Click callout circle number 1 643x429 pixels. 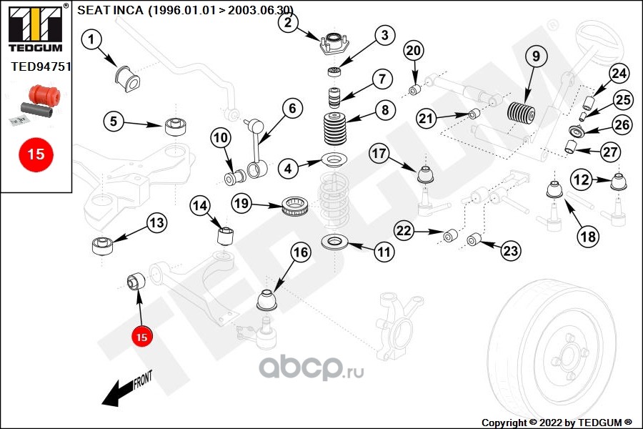92,40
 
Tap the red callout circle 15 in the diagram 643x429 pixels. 141,336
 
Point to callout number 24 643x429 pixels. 619,74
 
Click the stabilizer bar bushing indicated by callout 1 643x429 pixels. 126,74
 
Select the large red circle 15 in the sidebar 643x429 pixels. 36,153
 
